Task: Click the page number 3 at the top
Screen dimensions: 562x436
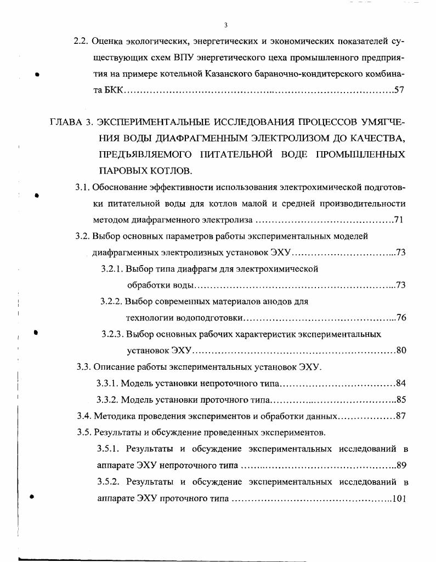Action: pyautogui.click(x=225, y=25)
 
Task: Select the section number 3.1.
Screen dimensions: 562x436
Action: pyautogui.click(x=82, y=187)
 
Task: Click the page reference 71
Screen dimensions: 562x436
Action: pyautogui.click(x=400, y=220)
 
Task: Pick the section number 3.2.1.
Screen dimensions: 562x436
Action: pyautogui.click(x=112, y=269)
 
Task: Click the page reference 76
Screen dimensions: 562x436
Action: pyautogui.click(x=400, y=318)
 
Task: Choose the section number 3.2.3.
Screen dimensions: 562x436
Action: pyautogui.click(x=113, y=334)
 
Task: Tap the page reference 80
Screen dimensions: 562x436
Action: pyautogui.click(x=400, y=351)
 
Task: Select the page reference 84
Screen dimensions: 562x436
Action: pyautogui.click(x=400, y=383)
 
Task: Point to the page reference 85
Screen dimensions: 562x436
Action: pyautogui.click(x=400, y=399)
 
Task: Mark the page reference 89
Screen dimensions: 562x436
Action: pyautogui.click(x=400, y=466)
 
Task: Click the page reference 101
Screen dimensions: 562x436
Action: pyautogui.click(x=399, y=498)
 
